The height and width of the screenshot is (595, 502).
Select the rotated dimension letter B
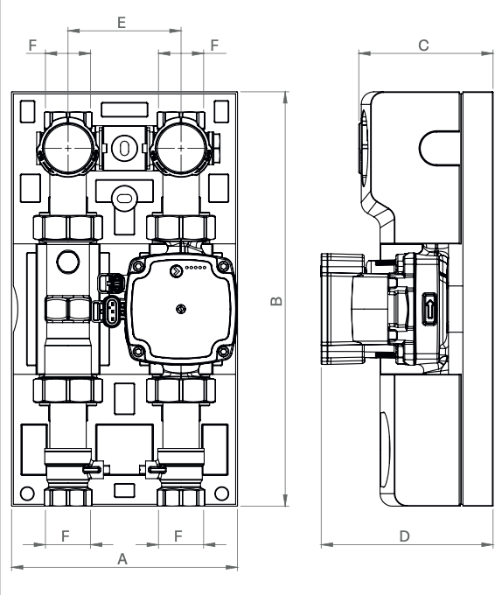tap(275, 300)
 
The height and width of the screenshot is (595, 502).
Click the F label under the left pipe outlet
tap(66, 535)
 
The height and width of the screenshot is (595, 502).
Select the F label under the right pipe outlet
tap(179, 535)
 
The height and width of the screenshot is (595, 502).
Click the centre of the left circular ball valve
tap(67, 148)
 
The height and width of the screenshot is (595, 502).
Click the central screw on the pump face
tap(179, 308)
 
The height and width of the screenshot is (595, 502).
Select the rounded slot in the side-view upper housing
tap(443, 146)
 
